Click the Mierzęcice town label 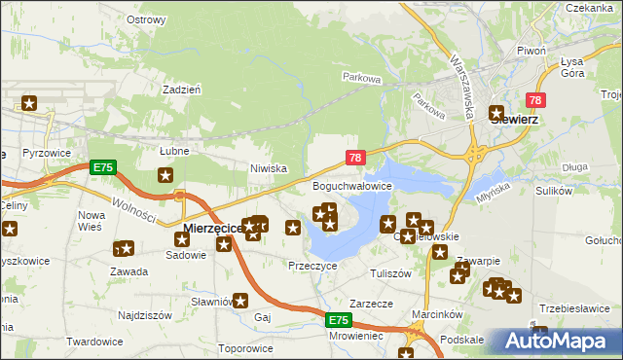(211, 229)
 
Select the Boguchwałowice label (351, 185)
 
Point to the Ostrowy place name (146, 19)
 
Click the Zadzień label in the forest (182, 88)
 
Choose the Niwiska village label (268, 167)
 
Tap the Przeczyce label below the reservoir (312, 265)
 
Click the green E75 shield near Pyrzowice (103, 167)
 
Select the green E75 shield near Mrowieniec (337, 320)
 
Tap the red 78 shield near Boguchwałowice (355, 158)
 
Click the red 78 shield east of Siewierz (534, 100)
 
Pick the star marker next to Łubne (165, 175)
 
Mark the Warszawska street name (460, 74)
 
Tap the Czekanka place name (586, 7)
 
